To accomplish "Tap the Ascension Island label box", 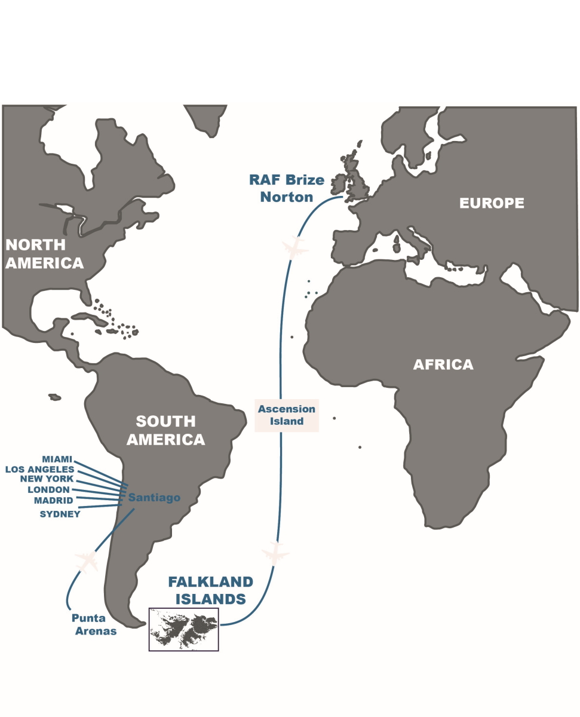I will (286, 415).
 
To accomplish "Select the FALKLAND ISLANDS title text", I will (210, 590).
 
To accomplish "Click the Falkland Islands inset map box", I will (183, 629).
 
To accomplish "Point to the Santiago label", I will (154, 497).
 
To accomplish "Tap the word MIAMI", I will (57, 459).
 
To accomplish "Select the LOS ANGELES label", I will (39, 469).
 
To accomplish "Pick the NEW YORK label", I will (47, 479).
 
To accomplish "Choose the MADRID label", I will (54, 500).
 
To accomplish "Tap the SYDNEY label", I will (60, 513).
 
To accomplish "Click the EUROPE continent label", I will (491, 203).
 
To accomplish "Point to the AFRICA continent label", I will (443, 364).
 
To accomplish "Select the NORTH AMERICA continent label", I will (44, 253).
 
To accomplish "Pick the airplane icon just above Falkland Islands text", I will (275, 553).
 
